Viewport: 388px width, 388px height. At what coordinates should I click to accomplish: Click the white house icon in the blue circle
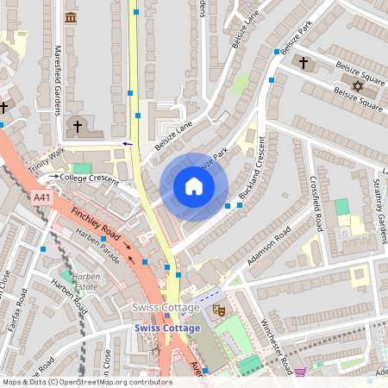[194, 186]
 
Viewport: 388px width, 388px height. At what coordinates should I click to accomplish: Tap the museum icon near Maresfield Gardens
[71, 17]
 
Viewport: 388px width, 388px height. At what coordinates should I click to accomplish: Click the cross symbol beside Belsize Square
[303, 62]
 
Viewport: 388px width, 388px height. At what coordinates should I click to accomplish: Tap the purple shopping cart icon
[300, 372]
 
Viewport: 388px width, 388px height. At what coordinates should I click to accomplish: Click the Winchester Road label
[277, 345]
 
